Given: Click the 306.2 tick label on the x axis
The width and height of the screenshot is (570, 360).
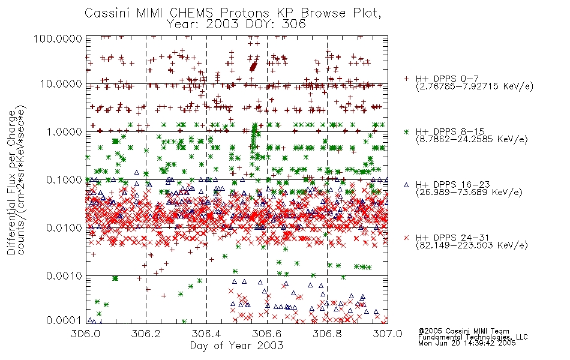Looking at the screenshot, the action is (x=146, y=334).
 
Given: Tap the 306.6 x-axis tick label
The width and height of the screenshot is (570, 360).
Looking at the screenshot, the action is (x=266, y=334).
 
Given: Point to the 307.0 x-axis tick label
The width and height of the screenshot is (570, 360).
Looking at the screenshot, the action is (x=388, y=334).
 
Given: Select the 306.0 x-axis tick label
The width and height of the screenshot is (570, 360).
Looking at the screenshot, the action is (x=86, y=334).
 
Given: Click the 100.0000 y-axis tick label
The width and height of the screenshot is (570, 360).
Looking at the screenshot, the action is (x=58, y=38).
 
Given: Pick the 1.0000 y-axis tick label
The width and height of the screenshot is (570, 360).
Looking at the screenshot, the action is (x=64, y=131).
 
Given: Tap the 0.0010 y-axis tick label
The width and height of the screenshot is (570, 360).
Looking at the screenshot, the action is (x=64, y=276).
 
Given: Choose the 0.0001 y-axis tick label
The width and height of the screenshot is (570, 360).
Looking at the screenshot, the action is (x=64, y=320).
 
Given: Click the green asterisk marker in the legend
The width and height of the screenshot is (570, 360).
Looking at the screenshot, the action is (x=406, y=131).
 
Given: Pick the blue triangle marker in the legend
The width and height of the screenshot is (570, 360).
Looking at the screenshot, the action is (x=406, y=185).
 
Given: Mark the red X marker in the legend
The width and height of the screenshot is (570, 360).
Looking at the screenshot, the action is (x=406, y=238).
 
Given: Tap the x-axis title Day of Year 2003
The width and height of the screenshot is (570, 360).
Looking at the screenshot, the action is (x=236, y=346).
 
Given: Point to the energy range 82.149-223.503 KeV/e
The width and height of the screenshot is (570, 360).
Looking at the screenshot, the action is (x=472, y=245).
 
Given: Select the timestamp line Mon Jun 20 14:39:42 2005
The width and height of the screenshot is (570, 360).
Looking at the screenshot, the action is (x=467, y=343).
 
